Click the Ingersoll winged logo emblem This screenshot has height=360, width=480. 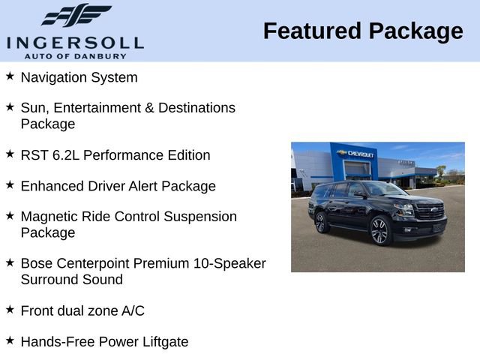(75, 15)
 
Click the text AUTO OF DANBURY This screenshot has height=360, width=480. (75, 55)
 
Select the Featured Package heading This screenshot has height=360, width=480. (363, 31)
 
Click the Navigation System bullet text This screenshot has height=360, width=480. (79, 77)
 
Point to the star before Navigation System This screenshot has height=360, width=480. (10, 76)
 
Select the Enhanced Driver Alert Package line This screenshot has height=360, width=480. (118, 186)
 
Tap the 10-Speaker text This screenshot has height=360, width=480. (230, 264)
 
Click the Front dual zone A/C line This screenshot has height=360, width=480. (82, 310)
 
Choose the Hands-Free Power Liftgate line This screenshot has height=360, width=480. (104, 342)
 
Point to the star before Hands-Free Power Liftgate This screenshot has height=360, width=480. (10, 341)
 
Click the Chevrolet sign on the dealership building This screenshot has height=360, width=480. (357, 154)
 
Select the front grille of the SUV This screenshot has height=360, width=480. (430, 212)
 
